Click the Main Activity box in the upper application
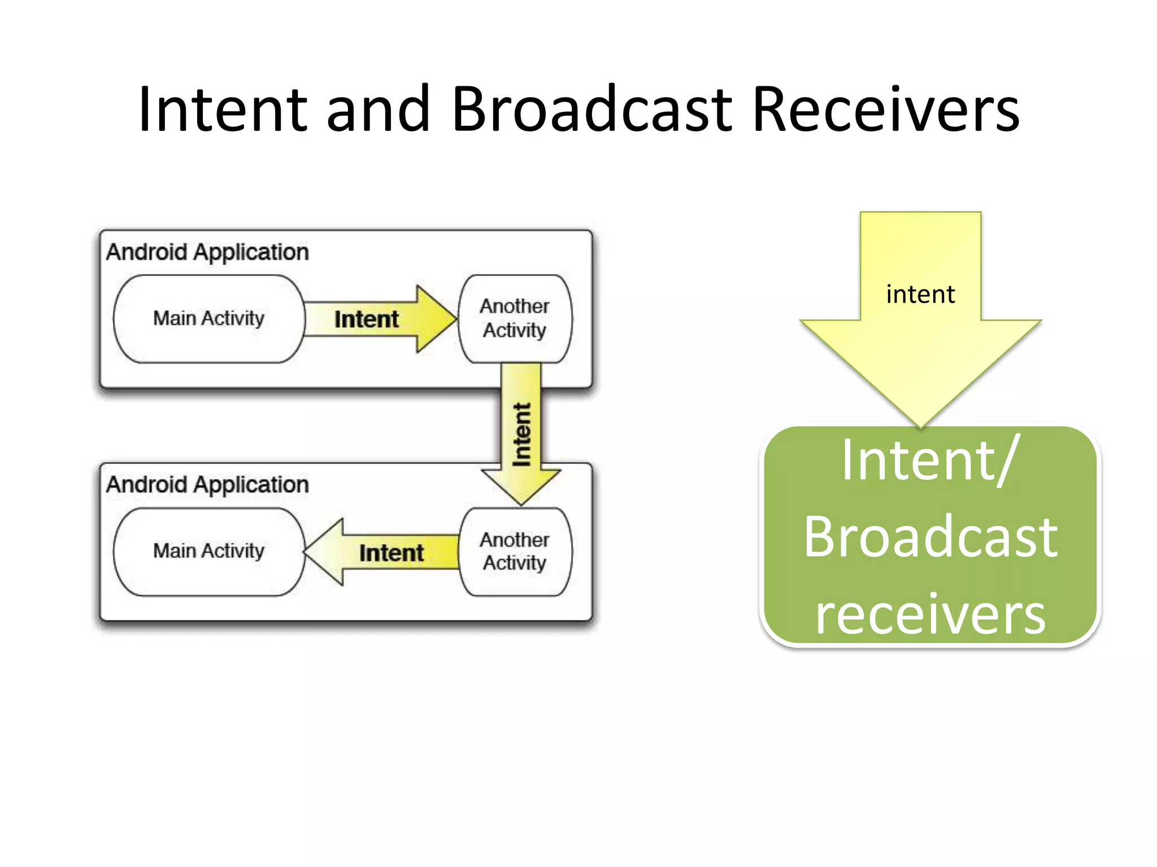pyautogui.click(x=209, y=319)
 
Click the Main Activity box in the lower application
pyautogui.click(x=209, y=551)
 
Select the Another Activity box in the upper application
pyautogui.click(x=515, y=319)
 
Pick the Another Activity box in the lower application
pyautogui.click(x=515, y=551)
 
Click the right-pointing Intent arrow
pyautogui.click(x=373, y=319)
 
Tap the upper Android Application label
pyautogui.click(x=207, y=252)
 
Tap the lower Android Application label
pyautogui.click(x=207, y=485)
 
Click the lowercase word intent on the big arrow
pyautogui.click(x=920, y=295)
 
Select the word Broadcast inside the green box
pyautogui.click(x=930, y=537)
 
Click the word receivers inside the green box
pyautogui.click(x=930, y=614)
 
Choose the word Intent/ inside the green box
pyautogui.click(x=930, y=461)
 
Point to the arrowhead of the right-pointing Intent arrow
pyautogui.click(x=436, y=319)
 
